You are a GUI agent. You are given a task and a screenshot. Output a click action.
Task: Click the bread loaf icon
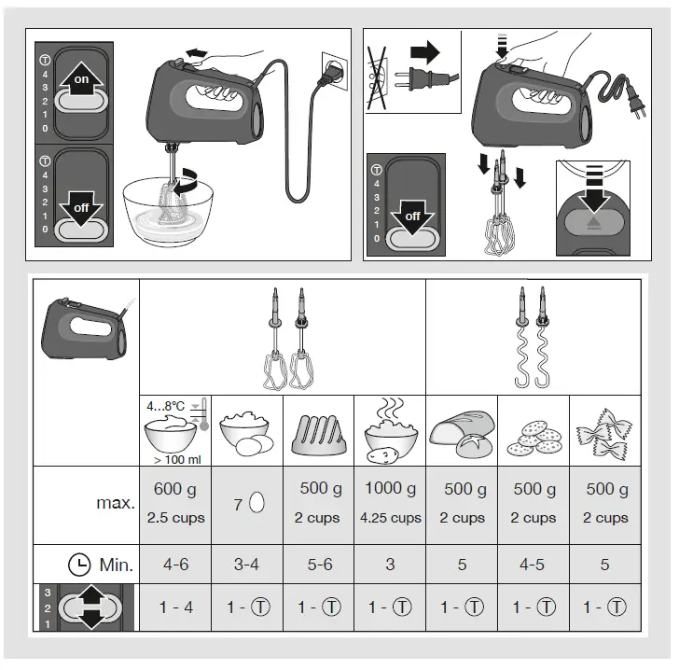coord(462,433)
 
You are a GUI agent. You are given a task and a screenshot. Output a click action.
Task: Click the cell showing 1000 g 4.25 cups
coord(390,503)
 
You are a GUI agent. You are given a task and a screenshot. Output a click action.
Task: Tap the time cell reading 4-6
coord(175,565)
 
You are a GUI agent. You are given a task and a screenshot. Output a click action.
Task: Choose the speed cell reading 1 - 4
coord(175,607)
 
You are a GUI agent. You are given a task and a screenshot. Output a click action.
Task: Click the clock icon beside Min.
coord(79,565)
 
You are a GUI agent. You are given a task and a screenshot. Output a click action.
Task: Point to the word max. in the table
coord(115,503)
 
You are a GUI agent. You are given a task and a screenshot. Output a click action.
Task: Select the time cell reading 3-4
coord(247,565)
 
